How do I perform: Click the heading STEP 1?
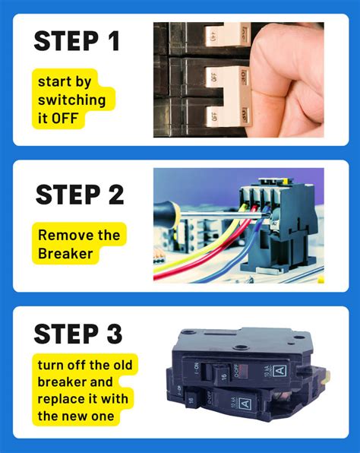(x=77, y=41)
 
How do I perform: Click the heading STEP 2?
(x=79, y=195)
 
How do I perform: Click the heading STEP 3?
(x=79, y=334)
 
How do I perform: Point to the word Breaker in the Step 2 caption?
(x=66, y=253)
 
